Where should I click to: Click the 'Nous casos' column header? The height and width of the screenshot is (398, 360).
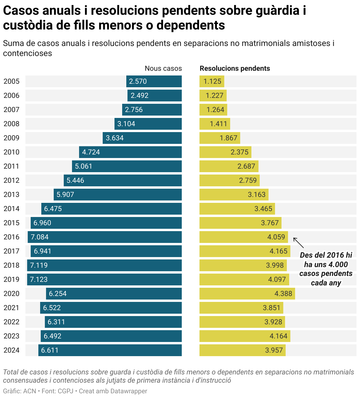pyautogui.click(x=163, y=68)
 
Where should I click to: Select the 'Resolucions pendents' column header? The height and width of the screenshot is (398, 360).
pyautogui.click(x=235, y=68)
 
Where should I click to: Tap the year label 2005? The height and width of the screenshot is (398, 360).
pyautogui.click(x=12, y=81)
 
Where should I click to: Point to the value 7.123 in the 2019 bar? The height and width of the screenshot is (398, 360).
pyautogui.click(x=39, y=279)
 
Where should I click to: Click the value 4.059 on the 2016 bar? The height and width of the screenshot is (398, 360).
pyautogui.click(x=276, y=237)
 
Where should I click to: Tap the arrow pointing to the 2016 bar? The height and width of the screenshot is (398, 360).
pyautogui.click(x=298, y=243)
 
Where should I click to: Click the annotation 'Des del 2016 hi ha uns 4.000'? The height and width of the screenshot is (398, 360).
pyautogui.click(x=326, y=260)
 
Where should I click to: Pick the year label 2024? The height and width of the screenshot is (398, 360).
pyautogui.click(x=12, y=350)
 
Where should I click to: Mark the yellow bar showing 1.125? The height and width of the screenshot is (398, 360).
pyautogui.click(x=212, y=81)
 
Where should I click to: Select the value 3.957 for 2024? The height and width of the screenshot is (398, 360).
pyautogui.click(x=274, y=350)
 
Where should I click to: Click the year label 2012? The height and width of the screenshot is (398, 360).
pyautogui.click(x=12, y=180)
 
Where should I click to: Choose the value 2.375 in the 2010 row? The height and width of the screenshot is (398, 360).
pyautogui.click(x=239, y=152)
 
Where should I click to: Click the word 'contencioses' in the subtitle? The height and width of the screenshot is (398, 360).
pyautogui.click(x=27, y=53)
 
